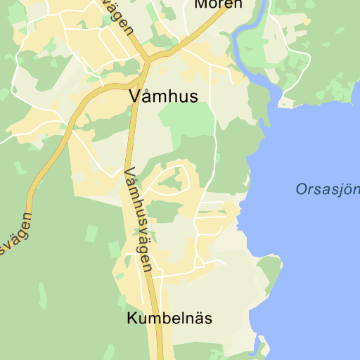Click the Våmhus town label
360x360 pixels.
tap(164, 96)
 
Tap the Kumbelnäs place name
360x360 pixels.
tap(169, 319)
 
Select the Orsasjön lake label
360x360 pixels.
tap(328, 188)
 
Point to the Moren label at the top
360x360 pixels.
tap(218, 4)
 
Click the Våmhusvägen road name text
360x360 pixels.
tap(138, 218)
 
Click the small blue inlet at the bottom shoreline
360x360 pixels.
tap(261, 345)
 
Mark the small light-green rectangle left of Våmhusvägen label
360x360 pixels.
tap(114, 249)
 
